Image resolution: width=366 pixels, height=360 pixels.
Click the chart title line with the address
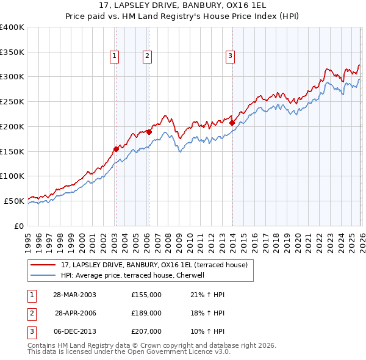[183, 5]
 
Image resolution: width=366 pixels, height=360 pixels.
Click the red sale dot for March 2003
[116, 148]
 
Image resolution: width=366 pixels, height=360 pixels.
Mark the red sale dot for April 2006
[149, 131]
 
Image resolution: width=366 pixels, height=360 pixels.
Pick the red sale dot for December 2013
[232, 123]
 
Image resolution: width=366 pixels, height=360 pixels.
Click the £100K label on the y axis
[12, 176]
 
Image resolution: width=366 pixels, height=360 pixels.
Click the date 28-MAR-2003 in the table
[74, 295]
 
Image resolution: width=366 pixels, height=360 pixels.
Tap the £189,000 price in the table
[146, 313]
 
